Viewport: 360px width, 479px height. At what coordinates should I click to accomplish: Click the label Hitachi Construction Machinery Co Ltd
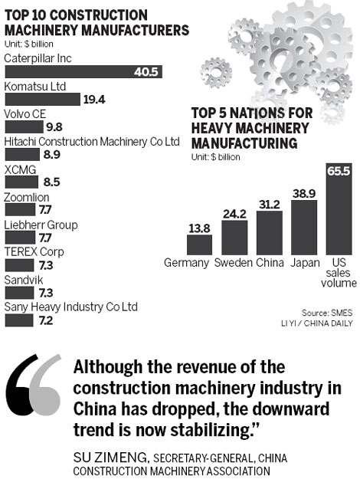tap(91, 142)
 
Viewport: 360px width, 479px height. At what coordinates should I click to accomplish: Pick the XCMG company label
tap(22, 169)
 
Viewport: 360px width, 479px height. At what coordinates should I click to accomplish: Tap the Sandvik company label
tap(25, 280)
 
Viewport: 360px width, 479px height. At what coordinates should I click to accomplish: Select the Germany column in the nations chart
tap(199, 244)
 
